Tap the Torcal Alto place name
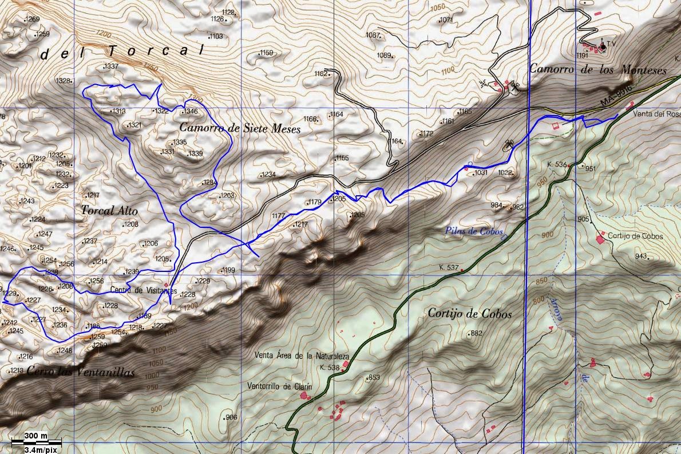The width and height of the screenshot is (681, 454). (x=109, y=211)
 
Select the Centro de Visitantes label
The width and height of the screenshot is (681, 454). (x=136, y=290)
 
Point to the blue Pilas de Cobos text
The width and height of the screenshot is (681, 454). (x=473, y=232)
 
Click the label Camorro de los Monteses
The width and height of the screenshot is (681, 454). (x=598, y=70)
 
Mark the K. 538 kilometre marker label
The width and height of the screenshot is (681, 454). (x=330, y=368)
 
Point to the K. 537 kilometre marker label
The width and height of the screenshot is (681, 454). (x=449, y=267)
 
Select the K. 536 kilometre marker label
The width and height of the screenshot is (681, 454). (x=556, y=165)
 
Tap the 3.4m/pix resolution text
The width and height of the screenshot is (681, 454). (x=43, y=449)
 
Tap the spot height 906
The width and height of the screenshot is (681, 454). (x=231, y=417)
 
